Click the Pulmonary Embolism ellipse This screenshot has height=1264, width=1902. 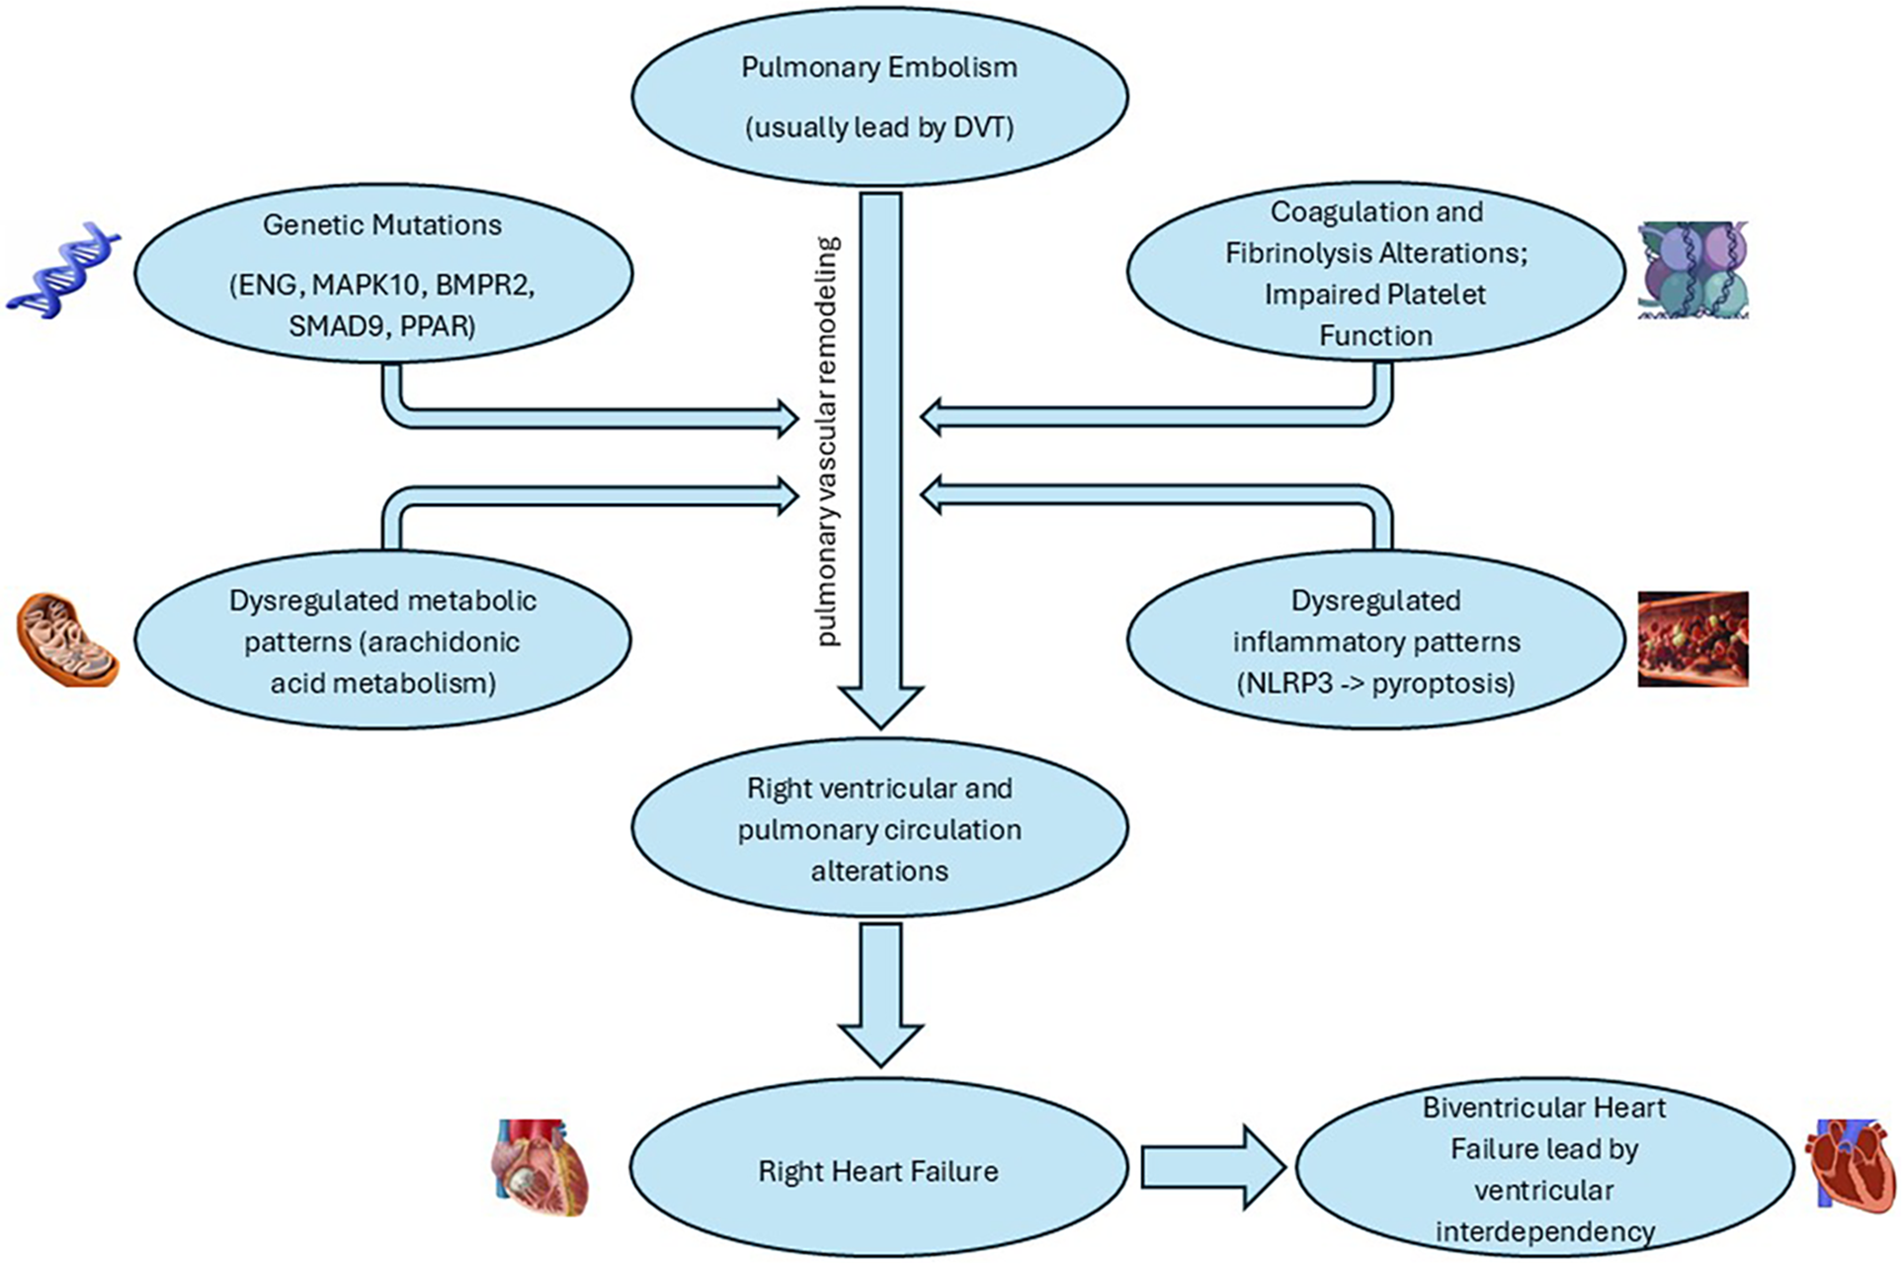pyautogui.click(x=879, y=96)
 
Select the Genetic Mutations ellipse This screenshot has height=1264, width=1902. pyautogui.click(x=383, y=274)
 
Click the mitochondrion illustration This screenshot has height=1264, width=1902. pyautogui.click(x=68, y=639)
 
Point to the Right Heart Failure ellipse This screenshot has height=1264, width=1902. pyautogui.click(x=879, y=1170)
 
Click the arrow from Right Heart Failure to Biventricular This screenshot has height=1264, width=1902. pyautogui.click(x=1213, y=1167)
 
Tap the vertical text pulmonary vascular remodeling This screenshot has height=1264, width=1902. pyautogui.click(x=828, y=441)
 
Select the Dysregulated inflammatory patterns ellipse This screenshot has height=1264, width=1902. pyautogui.click(x=1376, y=640)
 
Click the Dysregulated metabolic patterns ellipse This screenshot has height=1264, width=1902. pyautogui.click(x=383, y=640)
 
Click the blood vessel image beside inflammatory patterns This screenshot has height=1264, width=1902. pyautogui.click(x=1693, y=638)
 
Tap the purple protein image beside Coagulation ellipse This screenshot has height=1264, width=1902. pyautogui.click(x=1693, y=270)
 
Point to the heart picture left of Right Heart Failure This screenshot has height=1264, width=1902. pyautogui.click(x=539, y=1167)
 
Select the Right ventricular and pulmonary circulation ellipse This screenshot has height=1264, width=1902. pyautogui.click(x=879, y=828)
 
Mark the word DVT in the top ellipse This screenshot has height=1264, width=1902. pyautogui.click(x=979, y=127)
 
